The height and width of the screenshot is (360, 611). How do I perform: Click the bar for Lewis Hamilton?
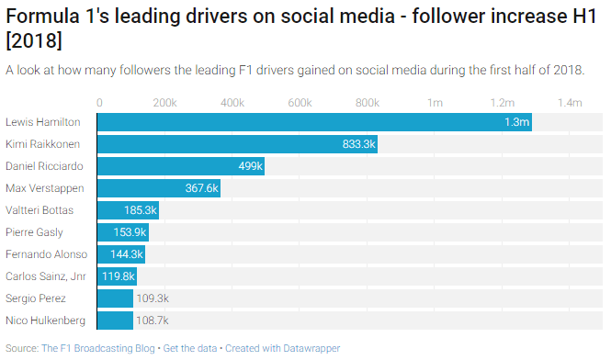[312, 122]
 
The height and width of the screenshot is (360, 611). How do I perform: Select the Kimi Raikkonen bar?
[236, 144]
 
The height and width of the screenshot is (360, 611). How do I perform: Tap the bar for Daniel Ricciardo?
[180, 166]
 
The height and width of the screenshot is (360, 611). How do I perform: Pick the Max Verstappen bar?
[158, 188]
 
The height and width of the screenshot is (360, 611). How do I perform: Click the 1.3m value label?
[516, 122]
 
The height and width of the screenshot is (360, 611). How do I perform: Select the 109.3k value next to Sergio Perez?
[152, 298]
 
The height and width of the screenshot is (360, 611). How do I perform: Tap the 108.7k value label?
[152, 321]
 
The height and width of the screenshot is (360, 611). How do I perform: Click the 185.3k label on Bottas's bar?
[141, 210]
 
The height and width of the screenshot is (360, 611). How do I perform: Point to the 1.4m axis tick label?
[569, 102]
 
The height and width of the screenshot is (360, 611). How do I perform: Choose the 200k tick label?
[164, 102]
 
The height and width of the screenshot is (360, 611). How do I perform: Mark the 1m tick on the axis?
[436, 102]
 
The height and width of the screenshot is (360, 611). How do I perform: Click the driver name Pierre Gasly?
[34, 232]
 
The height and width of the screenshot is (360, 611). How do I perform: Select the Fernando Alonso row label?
[46, 254]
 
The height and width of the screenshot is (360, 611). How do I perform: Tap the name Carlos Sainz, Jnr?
[45, 276]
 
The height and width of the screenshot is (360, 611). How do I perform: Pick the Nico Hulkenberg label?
[46, 321]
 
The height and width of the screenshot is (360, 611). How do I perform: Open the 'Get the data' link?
[190, 348]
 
